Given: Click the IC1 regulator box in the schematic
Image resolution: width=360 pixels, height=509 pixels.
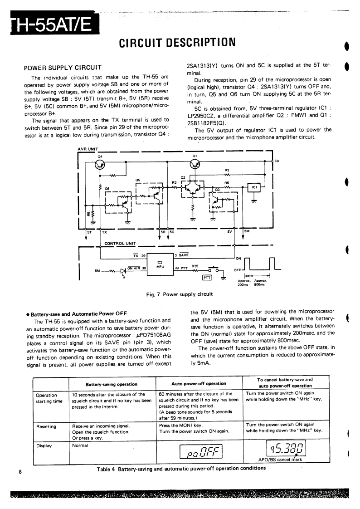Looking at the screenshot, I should (254, 187).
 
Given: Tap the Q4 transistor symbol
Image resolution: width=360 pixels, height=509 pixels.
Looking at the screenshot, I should (99, 164).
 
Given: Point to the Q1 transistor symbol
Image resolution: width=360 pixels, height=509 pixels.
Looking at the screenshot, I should (195, 164).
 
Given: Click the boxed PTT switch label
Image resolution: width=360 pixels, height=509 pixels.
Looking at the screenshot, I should (207, 278).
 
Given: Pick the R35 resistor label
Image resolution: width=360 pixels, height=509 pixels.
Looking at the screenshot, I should (195, 266).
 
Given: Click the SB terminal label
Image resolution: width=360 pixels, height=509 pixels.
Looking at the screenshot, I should (277, 161).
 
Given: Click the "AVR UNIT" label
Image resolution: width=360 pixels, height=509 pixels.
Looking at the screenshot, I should (88, 149).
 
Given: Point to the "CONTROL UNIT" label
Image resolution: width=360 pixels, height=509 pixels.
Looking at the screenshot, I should (120, 243).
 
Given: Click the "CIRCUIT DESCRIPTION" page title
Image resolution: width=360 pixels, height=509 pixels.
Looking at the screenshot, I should (177, 43).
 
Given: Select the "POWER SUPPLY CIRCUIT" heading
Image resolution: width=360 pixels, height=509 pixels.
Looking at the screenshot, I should (62, 68).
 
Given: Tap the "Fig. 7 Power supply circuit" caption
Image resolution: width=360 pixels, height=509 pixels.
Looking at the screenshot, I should (179, 294).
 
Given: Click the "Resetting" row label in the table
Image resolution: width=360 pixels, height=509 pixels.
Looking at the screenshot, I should (46, 426).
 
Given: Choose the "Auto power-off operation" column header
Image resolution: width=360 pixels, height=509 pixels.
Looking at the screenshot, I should (199, 383).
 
